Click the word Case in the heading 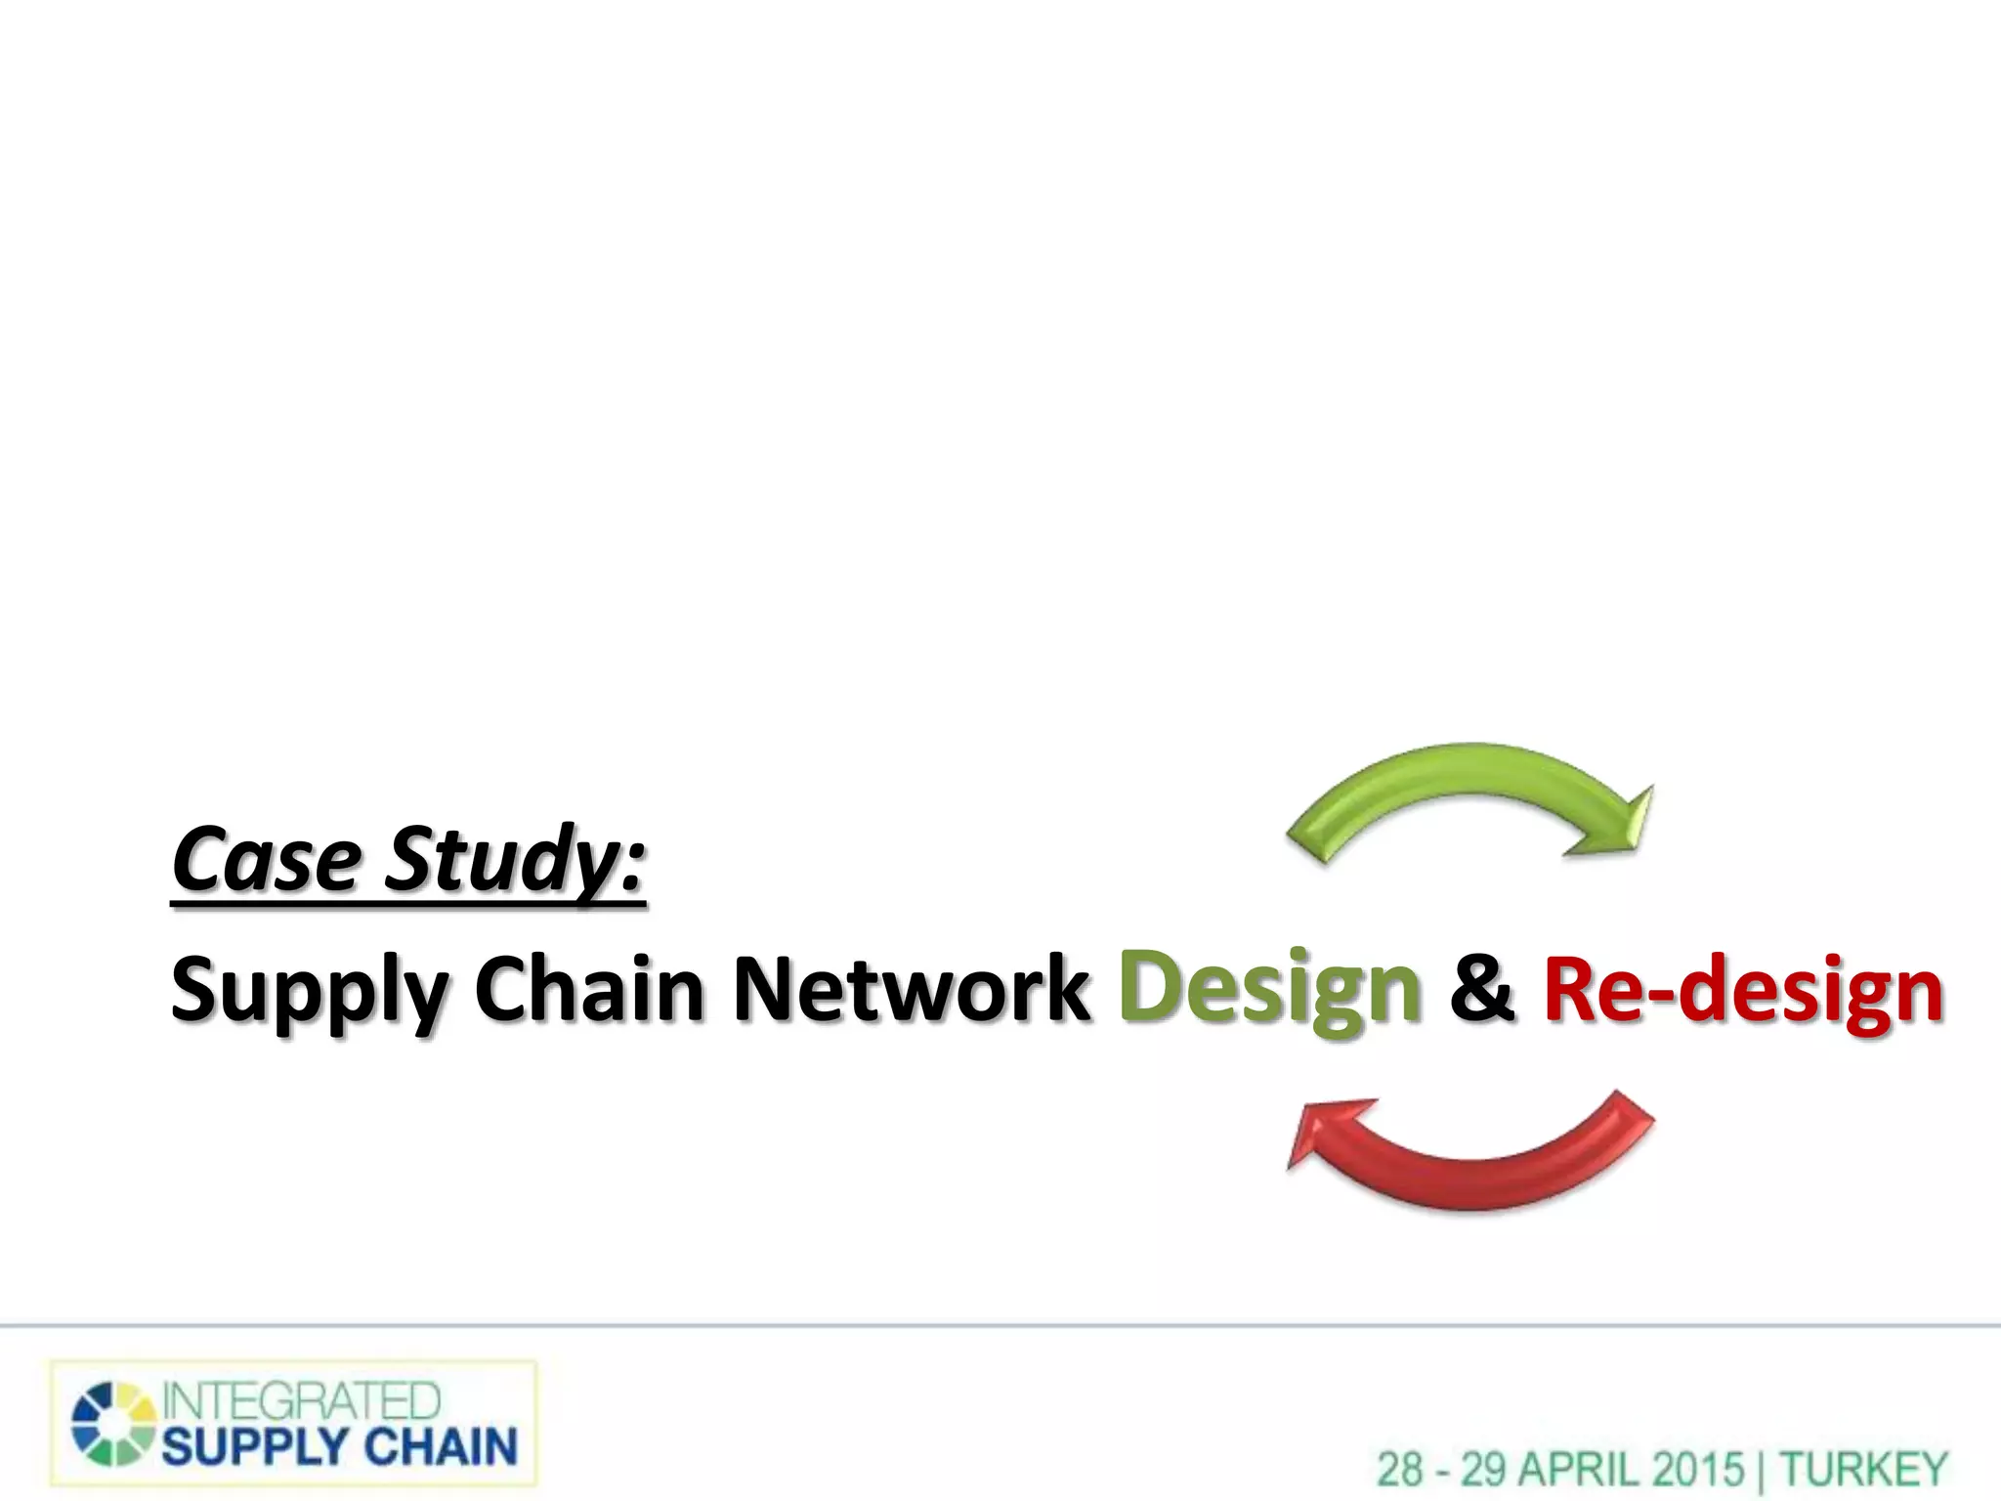266,860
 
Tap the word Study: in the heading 515,860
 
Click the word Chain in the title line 589,989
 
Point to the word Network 911,989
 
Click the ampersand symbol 1482,989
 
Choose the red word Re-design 1743,991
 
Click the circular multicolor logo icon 113,1424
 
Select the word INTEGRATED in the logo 301,1401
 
